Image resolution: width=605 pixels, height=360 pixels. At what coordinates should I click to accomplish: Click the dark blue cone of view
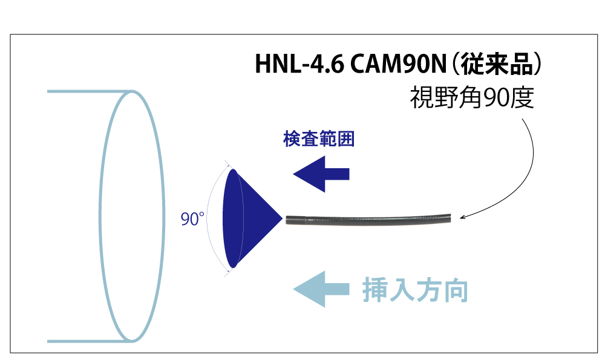click(248, 218)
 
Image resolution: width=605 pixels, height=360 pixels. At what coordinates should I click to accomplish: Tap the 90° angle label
click(193, 219)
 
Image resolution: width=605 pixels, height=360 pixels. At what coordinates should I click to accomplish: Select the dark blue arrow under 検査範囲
click(321, 174)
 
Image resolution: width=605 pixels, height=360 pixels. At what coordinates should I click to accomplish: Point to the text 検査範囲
click(319, 139)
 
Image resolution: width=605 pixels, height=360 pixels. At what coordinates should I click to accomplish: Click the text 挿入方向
click(416, 290)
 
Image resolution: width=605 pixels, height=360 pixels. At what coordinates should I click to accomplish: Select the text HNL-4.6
click(296, 65)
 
